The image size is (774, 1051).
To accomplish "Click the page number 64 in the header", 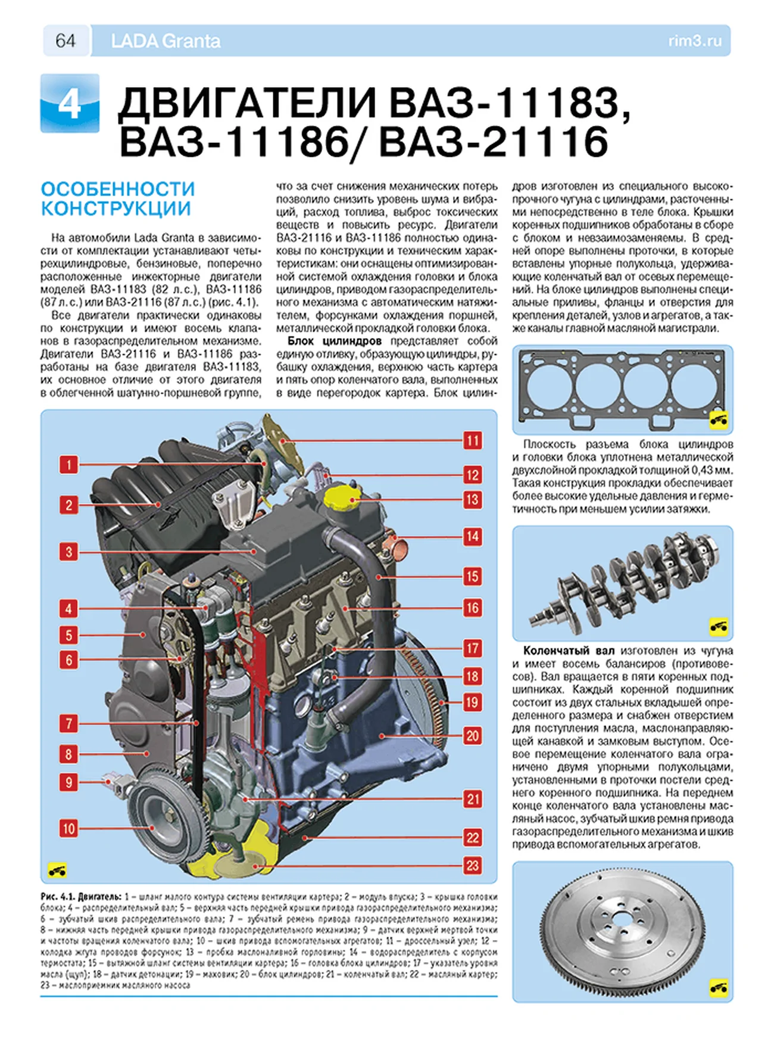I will pos(65,41).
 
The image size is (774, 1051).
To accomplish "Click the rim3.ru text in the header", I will pos(695,41).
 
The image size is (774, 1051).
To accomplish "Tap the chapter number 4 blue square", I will pos(70,104).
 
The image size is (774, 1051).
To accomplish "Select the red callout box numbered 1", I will pos(68,464).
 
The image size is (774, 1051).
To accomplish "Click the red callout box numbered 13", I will pos(472,499).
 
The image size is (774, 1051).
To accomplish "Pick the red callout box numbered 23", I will pos(472,865).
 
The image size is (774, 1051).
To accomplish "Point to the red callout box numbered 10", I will pos(68,828).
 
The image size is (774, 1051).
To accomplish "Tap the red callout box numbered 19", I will pos(472,702).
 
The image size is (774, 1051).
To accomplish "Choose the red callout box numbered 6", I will pos(68,660).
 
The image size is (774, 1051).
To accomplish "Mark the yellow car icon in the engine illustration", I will pos(57,870).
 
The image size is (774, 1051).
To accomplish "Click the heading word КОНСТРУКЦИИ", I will pos(116,209).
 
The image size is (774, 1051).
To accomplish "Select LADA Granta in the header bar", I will pos(166,41).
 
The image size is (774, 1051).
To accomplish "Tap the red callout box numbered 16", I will pos(472,608).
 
